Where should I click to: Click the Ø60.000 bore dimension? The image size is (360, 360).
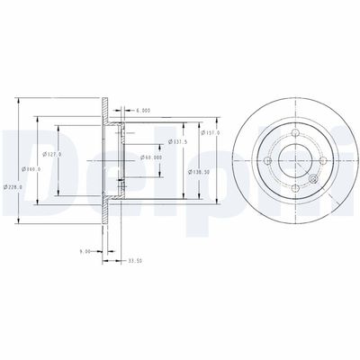click(151, 157)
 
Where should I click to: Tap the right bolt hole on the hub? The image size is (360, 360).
click(321, 162)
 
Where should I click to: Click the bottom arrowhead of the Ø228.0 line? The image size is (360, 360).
click(19, 220)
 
